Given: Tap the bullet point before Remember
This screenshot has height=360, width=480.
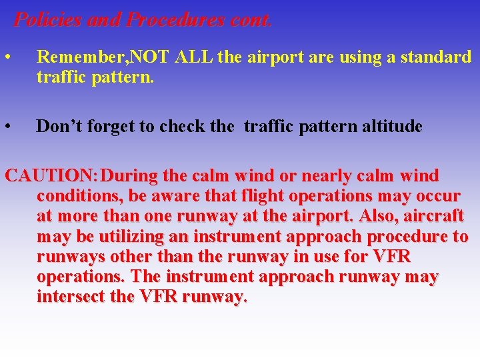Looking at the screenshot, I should pyautogui.click(x=7, y=57).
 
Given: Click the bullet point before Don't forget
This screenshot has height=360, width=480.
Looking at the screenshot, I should pyautogui.click(x=7, y=126).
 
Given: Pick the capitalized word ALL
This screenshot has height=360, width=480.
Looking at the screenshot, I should pyautogui.click(x=194, y=57).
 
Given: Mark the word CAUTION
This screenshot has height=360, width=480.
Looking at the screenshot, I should pyautogui.click(x=51, y=177).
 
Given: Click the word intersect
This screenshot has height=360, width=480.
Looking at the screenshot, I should pyautogui.click(x=71, y=297).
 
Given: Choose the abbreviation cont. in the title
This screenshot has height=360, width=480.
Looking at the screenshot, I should pyautogui.click(x=249, y=20).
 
